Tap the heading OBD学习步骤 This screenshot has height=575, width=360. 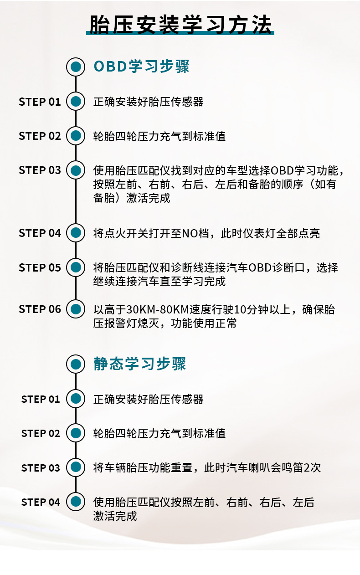click(141, 67)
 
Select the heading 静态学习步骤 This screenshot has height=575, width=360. click(140, 364)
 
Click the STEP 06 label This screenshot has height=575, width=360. click(40, 309)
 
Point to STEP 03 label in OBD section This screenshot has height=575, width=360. click(40, 170)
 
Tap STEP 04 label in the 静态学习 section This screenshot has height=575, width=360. click(41, 502)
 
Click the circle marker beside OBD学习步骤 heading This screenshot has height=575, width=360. click(76, 67)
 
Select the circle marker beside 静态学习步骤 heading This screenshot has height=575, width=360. click(76, 364)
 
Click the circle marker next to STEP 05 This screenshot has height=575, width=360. click(76, 267)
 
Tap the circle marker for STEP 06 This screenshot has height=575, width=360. click(76, 309)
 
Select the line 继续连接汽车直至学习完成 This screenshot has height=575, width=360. click(159, 281)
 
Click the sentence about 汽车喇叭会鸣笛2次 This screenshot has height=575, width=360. click(262, 468)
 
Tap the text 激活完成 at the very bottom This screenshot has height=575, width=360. click(115, 516)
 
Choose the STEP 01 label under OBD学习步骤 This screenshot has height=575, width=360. click(40, 102)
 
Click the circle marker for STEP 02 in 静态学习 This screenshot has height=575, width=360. click(76, 433)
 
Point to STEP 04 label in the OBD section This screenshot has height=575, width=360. click(40, 233)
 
